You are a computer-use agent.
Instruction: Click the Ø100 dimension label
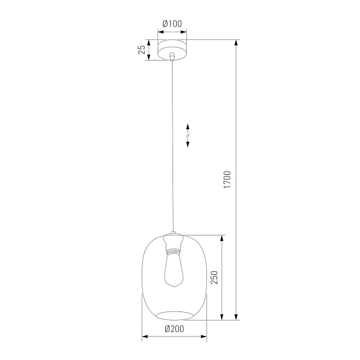pyautogui.click(x=172, y=23)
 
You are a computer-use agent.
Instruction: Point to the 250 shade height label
pyautogui.click(x=214, y=278)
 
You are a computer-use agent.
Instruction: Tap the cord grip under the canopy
pyautogui.click(x=173, y=57)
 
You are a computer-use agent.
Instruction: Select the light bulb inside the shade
pyautogui.click(x=173, y=271)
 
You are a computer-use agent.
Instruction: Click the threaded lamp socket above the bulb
pyautogui.click(x=173, y=247)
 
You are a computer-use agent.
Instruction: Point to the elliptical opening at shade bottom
pyautogui.click(x=174, y=315)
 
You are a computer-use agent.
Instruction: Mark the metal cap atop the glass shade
pyautogui.click(x=173, y=235)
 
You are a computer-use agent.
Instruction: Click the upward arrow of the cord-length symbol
pyautogui.click(x=189, y=127)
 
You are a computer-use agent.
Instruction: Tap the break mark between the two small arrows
pyautogui.click(x=189, y=135)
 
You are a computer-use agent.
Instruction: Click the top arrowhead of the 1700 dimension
pyautogui.click(x=236, y=43)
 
